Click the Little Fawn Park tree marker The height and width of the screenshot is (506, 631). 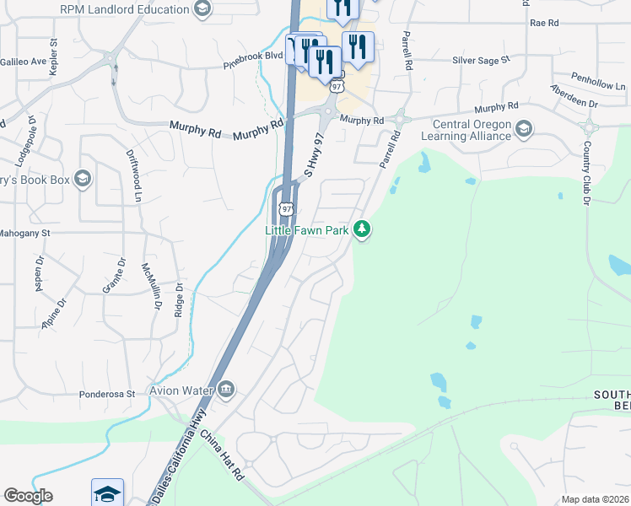tap(362, 229)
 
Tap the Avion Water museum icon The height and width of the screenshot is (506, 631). tap(226, 390)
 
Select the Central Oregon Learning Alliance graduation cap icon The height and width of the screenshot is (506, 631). tap(524, 129)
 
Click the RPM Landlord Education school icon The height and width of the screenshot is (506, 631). tap(202, 9)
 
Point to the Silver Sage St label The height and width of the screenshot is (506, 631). tap(482, 60)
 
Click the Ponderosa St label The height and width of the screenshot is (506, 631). tap(107, 394)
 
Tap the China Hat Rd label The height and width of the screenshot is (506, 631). tap(222, 455)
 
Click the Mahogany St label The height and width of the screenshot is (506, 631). tap(25, 232)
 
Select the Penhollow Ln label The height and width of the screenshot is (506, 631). tap(597, 86)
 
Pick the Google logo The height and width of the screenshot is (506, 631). tap(28, 496)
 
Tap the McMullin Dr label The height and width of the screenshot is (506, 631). tap(149, 286)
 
